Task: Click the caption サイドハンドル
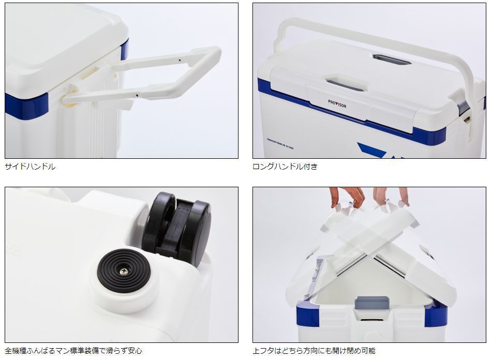[30, 167]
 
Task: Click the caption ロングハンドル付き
[285, 167]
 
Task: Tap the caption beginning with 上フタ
[314, 351]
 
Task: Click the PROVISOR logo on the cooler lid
[337, 104]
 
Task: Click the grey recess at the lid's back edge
[392, 60]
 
